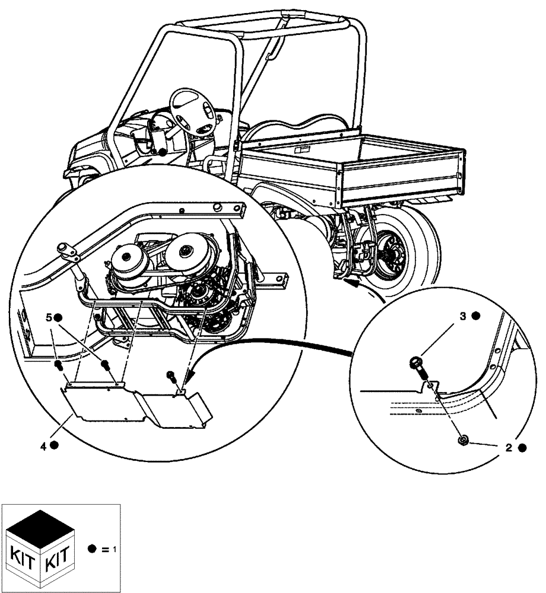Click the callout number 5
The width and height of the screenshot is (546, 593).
[49, 318]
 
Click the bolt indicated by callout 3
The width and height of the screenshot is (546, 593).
[416, 366]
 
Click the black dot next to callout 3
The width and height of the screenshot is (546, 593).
[476, 317]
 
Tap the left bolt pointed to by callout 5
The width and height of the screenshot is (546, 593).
[59, 364]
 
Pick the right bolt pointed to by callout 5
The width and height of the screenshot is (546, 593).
[105, 365]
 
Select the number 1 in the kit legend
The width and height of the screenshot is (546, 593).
[113, 549]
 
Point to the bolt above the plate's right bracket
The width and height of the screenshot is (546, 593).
[171, 375]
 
